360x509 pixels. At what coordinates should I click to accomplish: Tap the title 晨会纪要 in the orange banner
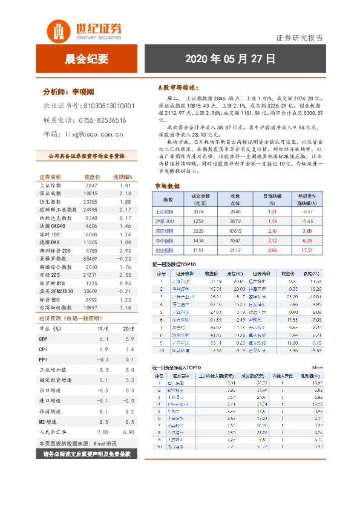point(87,59)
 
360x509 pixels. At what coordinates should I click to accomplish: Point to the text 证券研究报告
point(299,37)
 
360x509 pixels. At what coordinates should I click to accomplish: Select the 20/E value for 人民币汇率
point(128,433)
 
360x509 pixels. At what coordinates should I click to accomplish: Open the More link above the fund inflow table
point(317,367)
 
